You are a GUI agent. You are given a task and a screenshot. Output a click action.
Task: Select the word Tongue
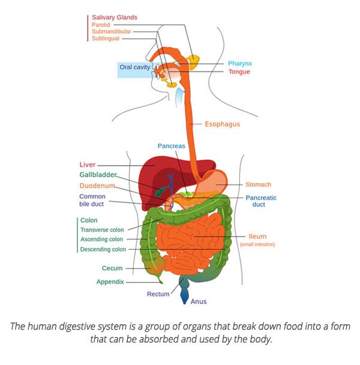239,72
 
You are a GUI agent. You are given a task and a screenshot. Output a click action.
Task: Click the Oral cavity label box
134,68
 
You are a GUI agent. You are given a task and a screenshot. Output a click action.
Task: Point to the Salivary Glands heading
115,17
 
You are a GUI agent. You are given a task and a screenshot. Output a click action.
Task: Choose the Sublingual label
106,38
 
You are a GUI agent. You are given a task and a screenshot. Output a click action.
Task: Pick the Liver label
88,164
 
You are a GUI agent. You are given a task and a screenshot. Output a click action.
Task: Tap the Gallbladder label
98,175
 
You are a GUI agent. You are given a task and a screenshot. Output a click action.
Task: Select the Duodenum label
97,186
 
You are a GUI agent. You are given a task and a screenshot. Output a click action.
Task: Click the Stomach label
258,184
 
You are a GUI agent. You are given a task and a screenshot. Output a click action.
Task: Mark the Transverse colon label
102,229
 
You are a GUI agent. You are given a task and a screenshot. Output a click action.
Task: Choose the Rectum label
158,294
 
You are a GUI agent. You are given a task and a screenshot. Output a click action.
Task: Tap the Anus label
199,301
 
